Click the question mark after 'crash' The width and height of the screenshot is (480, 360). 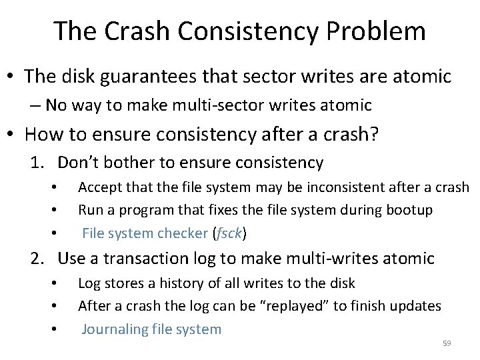pos(374,135)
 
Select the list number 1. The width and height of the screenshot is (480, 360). pos(38,163)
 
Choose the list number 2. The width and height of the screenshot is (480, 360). pos(38,258)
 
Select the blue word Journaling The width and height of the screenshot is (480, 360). pos(114,329)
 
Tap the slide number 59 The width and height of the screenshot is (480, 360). pos(447,343)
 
